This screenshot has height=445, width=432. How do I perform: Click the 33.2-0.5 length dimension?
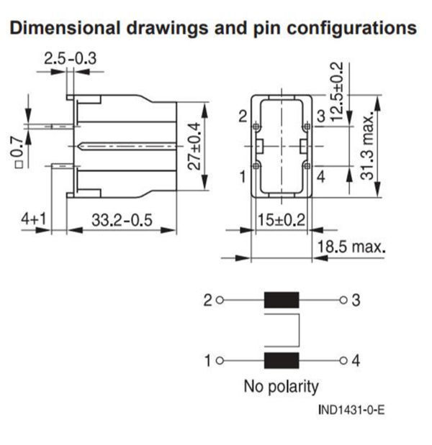tap(120, 220)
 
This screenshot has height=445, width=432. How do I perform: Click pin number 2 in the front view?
tap(243, 116)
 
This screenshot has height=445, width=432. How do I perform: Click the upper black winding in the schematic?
tap(282, 301)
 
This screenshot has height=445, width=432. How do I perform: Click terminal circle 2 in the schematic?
tap(220, 301)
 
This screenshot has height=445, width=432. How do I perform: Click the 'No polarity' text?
tap(281, 386)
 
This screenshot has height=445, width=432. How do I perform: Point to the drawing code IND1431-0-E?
tap(351, 411)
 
